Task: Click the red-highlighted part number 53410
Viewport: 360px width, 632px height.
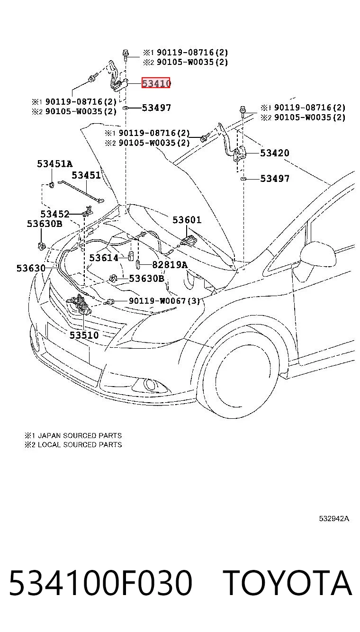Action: pyautogui.click(x=156, y=83)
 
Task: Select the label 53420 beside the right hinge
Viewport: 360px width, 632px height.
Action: pyautogui.click(x=275, y=153)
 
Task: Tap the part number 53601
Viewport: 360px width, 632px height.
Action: pyautogui.click(x=187, y=220)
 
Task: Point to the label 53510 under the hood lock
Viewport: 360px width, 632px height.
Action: pyautogui.click(x=84, y=335)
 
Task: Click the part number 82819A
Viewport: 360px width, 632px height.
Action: pyautogui.click(x=170, y=265)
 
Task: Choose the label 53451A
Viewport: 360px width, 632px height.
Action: pyautogui.click(x=55, y=163)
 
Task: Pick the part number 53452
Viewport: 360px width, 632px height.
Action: pyautogui.click(x=55, y=214)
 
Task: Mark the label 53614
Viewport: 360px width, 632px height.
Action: pyautogui.click(x=104, y=258)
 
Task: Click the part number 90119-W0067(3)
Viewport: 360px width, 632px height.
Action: pyautogui.click(x=164, y=301)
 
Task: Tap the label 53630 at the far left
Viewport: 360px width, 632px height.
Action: pyautogui.click(x=31, y=268)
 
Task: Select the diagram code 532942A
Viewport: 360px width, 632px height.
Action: pyautogui.click(x=334, y=519)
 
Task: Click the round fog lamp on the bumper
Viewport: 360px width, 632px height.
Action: pyautogui.click(x=150, y=384)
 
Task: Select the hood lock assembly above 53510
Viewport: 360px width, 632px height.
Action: pyautogui.click(x=79, y=304)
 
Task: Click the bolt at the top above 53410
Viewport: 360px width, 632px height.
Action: pyautogui.click(x=126, y=55)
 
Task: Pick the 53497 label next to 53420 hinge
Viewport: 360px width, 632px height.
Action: pyautogui.click(x=275, y=178)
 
